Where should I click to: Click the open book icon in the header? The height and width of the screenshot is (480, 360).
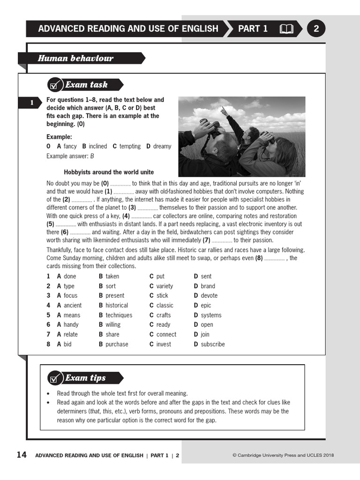pyautogui.click(x=286, y=29)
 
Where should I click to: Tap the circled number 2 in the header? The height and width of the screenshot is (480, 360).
pyautogui.click(x=316, y=29)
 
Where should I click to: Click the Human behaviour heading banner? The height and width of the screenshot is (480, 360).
pyautogui.click(x=76, y=59)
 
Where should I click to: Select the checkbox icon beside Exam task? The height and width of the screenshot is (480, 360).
pyautogui.click(x=54, y=85)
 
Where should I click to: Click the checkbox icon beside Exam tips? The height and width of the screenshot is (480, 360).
pyautogui.click(x=54, y=378)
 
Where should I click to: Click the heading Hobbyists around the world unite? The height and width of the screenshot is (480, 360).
pyautogui.click(x=109, y=172)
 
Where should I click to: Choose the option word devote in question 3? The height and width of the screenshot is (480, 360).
pyautogui.click(x=209, y=295)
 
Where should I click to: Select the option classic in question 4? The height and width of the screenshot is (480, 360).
pyautogui.click(x=165, y=305)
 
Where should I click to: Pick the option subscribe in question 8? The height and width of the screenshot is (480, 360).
pyautogui.click(x=213, y=344)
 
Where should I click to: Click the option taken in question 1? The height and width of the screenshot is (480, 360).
pyautogui.click(x=112, y=276)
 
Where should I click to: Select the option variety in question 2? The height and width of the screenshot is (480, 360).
pyautogui.click(x=165, y=286)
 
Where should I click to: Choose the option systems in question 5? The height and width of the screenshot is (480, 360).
pyautogui.click(x=211, y=315)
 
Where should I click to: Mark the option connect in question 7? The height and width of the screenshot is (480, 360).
pyautogui.click(x=166, y=334)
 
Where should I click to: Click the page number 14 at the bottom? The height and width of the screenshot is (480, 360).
pyautogui.click(x=22, y=455)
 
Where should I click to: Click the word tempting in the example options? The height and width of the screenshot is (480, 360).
pyautogui.click(x=130, y=146)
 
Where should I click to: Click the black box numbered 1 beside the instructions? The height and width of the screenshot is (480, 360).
pyautogui.click(x=31, y=103)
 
